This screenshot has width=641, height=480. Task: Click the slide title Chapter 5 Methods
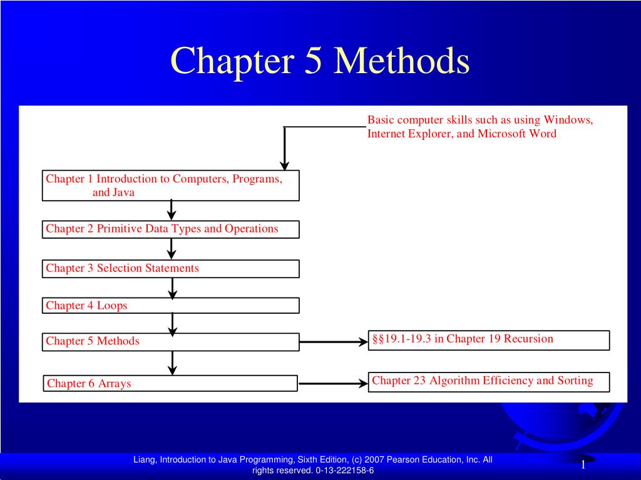[320, 62]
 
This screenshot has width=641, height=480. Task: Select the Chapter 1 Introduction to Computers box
[170, 186]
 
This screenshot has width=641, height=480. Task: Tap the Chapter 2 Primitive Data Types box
[170, 229]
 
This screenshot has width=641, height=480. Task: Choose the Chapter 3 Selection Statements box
[170, 269]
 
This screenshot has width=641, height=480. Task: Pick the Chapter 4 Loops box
[170, 306]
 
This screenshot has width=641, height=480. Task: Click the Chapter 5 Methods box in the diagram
[170, 342]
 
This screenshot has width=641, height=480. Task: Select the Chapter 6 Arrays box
[170, 383]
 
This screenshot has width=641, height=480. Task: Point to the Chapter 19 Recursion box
[488, 340]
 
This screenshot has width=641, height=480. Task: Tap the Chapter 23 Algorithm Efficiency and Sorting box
[488, 381]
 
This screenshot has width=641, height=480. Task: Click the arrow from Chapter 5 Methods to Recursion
[333, 342]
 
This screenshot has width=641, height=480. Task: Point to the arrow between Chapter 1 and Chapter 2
[172, 211]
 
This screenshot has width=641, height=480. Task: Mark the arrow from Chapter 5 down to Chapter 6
[172, 362]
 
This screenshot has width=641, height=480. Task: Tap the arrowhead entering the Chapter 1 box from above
[284, 166]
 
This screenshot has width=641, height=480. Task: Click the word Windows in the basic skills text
[568, 120]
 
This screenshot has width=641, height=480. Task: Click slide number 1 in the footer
[583, 464]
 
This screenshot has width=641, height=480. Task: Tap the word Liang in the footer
[143, 460]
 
